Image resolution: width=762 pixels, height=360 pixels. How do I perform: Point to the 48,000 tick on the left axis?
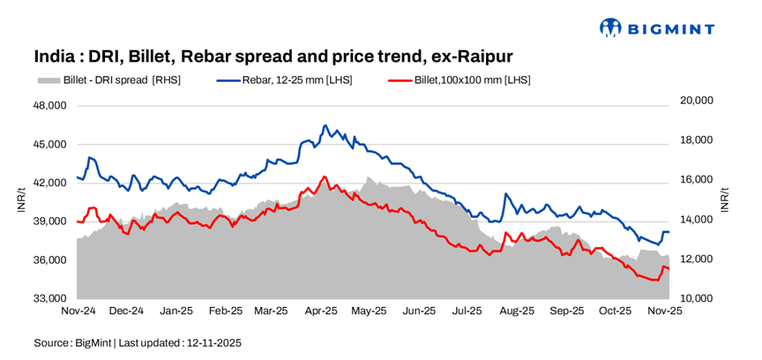click(x=49, y=105)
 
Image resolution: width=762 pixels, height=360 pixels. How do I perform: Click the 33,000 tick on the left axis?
click(x=49, y=298)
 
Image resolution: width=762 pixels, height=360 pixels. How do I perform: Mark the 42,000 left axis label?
click(x=49, y=183)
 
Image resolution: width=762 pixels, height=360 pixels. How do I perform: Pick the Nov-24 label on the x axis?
click(x=78, y=311)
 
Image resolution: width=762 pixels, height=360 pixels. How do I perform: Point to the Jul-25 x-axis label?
click(x=467, y=311)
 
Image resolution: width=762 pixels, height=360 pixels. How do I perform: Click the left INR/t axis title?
click(x=22, y=200)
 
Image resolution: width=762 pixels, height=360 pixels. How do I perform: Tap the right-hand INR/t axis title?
click(x=725, y=200)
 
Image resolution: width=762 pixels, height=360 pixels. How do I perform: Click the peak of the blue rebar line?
click(x=325, y=125)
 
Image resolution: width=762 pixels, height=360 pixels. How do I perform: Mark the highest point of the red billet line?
click(x=325, y=176)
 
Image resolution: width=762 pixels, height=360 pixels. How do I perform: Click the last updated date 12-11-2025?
click(x=212, y=342)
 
